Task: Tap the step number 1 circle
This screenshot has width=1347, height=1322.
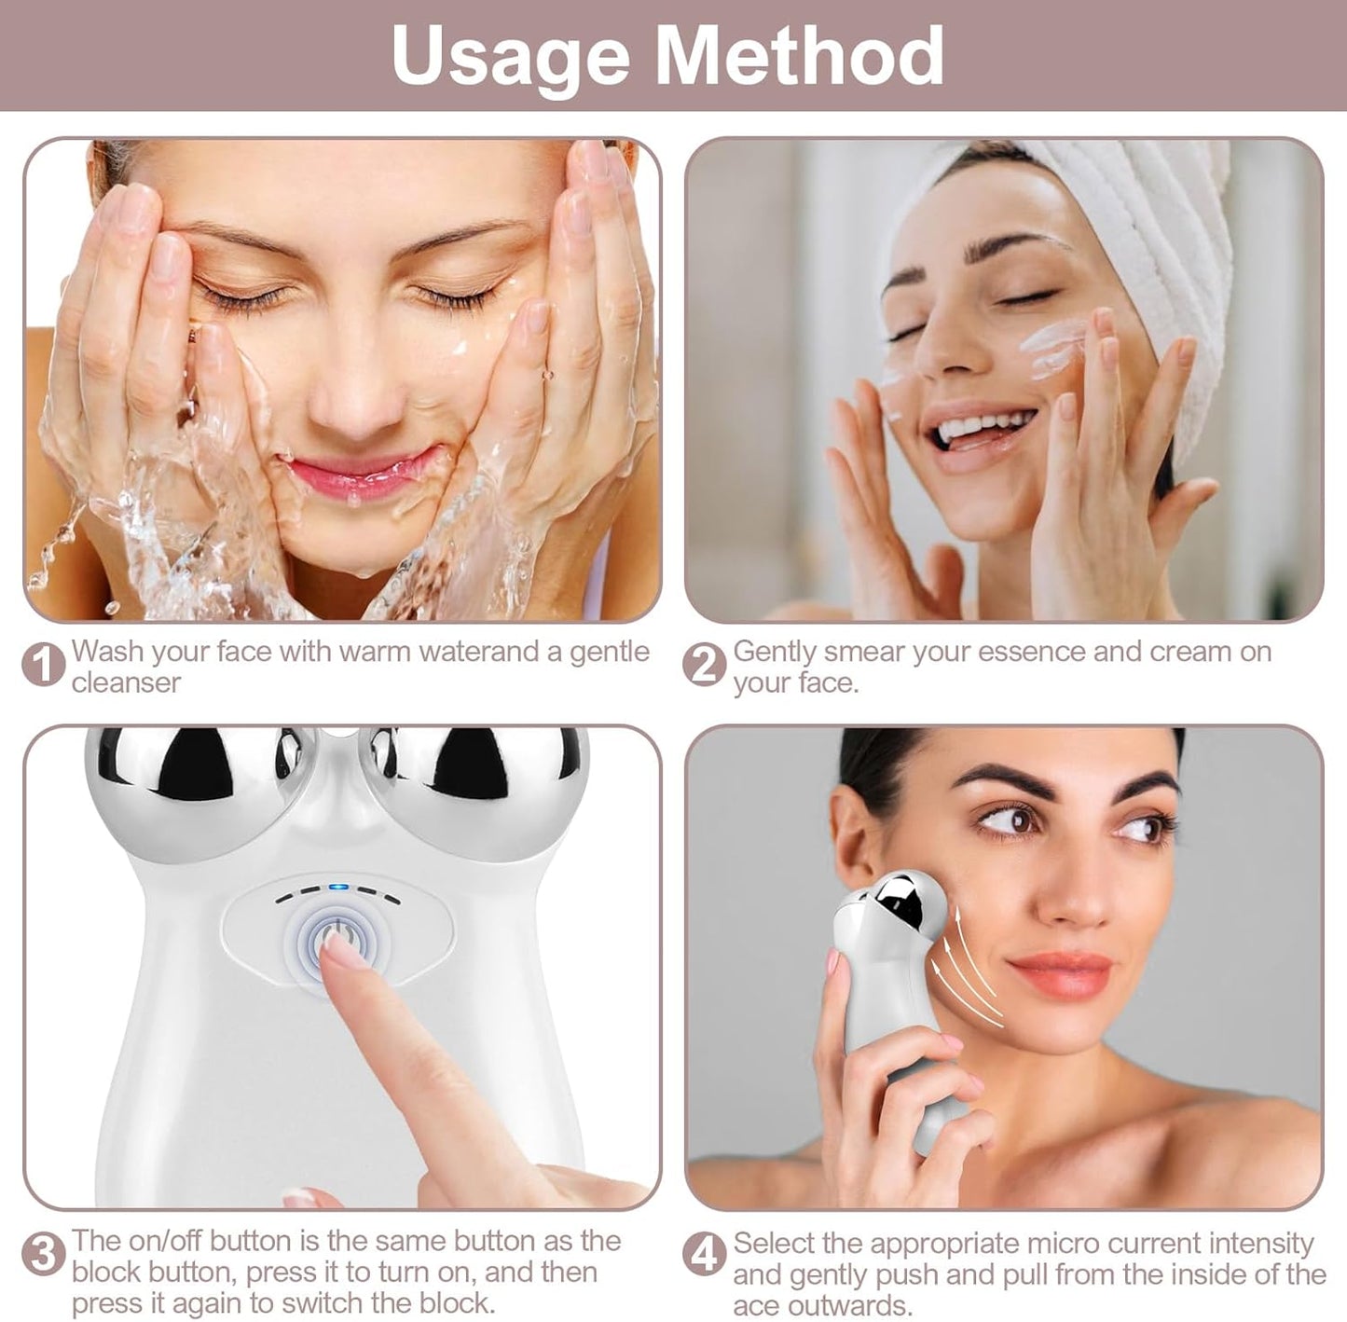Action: pyautogui.click(x=43, y=665)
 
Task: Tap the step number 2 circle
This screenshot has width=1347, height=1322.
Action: pyautogui.click(x=704, y=665)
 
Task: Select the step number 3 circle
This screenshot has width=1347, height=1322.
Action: pyautogui.click(x=43, y=1254)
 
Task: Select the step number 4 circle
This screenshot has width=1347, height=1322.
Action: pyautogui.click(x=704, y=1255)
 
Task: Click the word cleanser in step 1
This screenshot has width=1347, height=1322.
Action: pyautogui.click(x=126, y=682)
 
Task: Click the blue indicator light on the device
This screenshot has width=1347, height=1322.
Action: pyautogui.click(x=337, y=888)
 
